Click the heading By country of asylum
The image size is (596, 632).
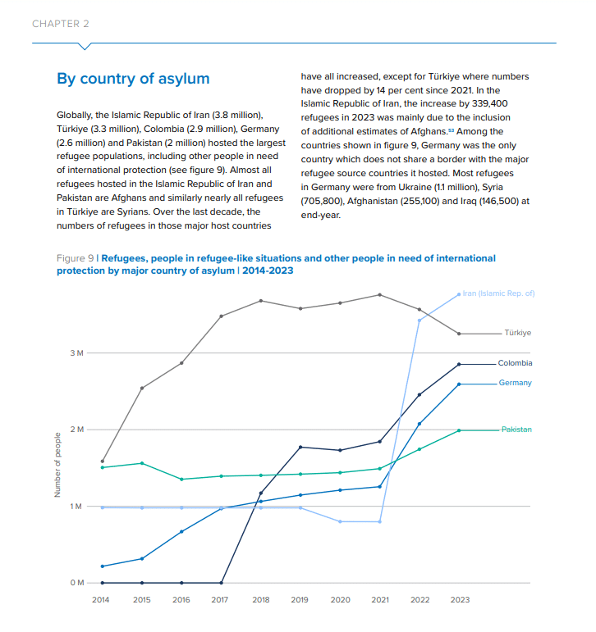pyautogui.click(x=133, y=79)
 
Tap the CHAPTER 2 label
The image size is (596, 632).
pyautogui.click(x=61, y=24)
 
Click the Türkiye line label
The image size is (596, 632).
pyautogui.click(x=517, y=333)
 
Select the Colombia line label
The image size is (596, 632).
pyautogui.click(x=515, y=363)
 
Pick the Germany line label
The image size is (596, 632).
pyautogui.click(x=515, y=383)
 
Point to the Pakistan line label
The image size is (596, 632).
pyautogui.click(x=516, y=430)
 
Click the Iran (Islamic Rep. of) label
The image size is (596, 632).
pyautogui.click(x=498, y=293)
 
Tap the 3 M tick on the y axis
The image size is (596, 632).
pyautogui.click(x=76, y=353)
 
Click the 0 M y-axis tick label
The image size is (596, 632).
pyautogui.click(x=76, y=583)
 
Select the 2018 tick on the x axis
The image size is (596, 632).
pyautogui.click(x=260, y=600)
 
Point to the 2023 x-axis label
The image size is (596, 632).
pyautogui.click(x=460, y=600)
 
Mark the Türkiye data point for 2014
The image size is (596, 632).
pyautogui.click(x=102, y=461)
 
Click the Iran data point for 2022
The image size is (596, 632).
pyautogui.click(x=419, y=320)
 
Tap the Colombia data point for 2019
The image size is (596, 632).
pyautogui.click(x=300, y=447)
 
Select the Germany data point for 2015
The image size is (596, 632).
pyautogui.click(x=141, y=559)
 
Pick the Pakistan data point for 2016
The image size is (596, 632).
pyautogui.click(x=181, y=480)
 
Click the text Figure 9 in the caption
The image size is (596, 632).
pyautogui.click(x=75, y=258)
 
